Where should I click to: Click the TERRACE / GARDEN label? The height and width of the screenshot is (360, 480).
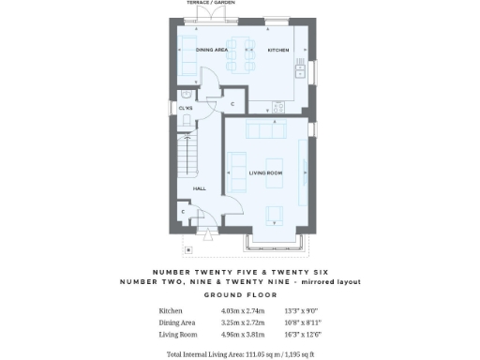point(211,3)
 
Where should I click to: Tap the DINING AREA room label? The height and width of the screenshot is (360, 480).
point(211,50)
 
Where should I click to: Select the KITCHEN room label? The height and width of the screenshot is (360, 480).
point(278,50)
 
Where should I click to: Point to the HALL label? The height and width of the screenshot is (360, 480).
point(200,188)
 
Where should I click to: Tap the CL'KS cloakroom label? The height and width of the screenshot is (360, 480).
point(186,109)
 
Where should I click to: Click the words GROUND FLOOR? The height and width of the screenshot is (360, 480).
point(239,292)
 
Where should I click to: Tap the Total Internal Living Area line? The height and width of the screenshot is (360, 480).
point(240,354)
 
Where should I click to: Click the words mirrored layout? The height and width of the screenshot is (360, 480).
point(328,281)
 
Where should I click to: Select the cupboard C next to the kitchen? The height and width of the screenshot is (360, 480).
point(232,104)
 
